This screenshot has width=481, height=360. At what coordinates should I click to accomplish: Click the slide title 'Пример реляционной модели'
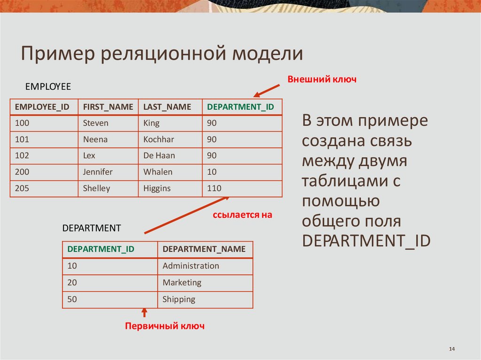tap(162, 54)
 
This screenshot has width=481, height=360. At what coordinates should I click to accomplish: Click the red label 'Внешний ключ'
tap(322, 79)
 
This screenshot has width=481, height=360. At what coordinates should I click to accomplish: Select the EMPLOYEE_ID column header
tap(42, 107)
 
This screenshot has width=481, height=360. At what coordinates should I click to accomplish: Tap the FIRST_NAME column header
tap(108, 107)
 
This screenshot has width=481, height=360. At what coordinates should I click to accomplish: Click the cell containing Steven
tap(96, 123)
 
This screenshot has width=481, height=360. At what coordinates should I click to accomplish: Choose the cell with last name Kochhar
tap(159, 139)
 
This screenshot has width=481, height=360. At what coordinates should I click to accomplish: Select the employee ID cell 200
tap(22, 172)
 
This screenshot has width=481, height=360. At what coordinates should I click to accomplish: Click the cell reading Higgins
tap(157, 188)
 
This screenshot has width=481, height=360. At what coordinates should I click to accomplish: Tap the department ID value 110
tap(214, 188)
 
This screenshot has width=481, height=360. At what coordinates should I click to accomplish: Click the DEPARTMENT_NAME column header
tap(204, 249)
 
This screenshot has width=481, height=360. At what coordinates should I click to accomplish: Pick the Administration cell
tap(191, 266)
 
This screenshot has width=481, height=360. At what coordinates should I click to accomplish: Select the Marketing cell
tap(182, 283)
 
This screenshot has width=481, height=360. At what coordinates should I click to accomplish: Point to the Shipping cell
tap(178, 299)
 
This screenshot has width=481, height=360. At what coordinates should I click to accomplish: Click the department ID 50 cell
tap(72, 299)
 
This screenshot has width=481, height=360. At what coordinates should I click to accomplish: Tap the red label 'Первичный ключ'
tap(164, 326)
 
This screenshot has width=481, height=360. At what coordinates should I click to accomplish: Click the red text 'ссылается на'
tap(242, 215)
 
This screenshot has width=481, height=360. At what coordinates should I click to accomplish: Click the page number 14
tap(452, 349)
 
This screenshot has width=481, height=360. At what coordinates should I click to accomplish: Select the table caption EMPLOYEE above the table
tap(48, 87)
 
